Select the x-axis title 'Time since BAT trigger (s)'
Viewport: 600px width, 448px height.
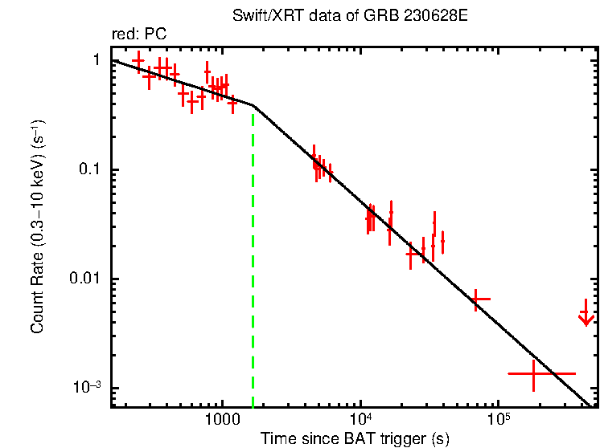[x=355, y=438]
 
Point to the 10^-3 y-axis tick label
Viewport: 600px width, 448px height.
[x=88, y=387]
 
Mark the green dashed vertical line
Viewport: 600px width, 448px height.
[x=253, y=257]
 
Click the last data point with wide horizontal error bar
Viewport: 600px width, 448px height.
[x=534, y=373]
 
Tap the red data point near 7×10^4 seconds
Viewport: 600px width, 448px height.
[x=477, y=299]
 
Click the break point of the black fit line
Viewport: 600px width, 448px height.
[x=253, y=105]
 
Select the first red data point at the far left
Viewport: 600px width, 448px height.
[x=138, y=61]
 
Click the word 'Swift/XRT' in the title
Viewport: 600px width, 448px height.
[x=262, y=16]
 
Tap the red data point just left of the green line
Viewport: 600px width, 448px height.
[x=232, y=103]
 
